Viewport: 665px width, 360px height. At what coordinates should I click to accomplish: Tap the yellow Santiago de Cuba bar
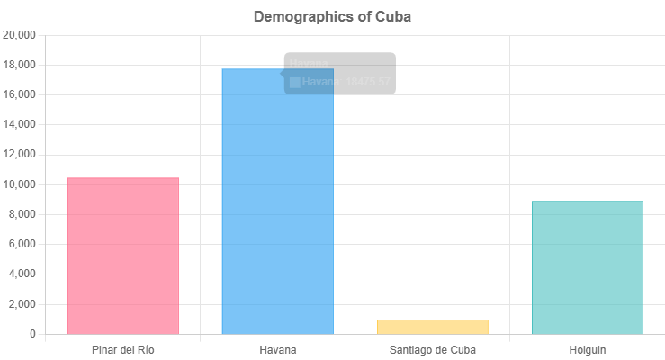click(432, 327)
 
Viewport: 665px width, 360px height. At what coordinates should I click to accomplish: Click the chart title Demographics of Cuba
click(332, 16)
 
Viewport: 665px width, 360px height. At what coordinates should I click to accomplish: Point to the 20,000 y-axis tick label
click(20, 35)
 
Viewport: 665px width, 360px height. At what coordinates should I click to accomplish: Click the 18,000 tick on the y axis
click(20, 65)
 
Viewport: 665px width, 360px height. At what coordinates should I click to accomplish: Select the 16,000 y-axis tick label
click(20, 94)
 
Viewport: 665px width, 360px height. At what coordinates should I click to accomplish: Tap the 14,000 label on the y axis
click(20, 124)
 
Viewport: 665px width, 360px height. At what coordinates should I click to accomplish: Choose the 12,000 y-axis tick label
click(20, 155)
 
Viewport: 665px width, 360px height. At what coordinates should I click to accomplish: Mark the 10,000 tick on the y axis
click(20, 184)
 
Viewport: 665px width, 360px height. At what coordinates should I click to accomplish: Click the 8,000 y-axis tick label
click(22, 214)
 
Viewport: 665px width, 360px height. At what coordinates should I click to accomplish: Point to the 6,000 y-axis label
click(22, 244)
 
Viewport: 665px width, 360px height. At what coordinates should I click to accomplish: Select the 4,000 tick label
click(22, 274)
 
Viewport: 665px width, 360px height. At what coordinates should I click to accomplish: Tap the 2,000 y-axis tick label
click(22, 304)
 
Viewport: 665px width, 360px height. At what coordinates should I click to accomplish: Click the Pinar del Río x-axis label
click(122, 349)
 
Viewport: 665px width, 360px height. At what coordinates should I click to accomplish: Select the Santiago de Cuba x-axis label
click(432, 349)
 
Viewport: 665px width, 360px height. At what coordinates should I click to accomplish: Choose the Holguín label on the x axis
click(587, 349)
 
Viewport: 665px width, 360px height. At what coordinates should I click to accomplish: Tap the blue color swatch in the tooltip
click(295, 82)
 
